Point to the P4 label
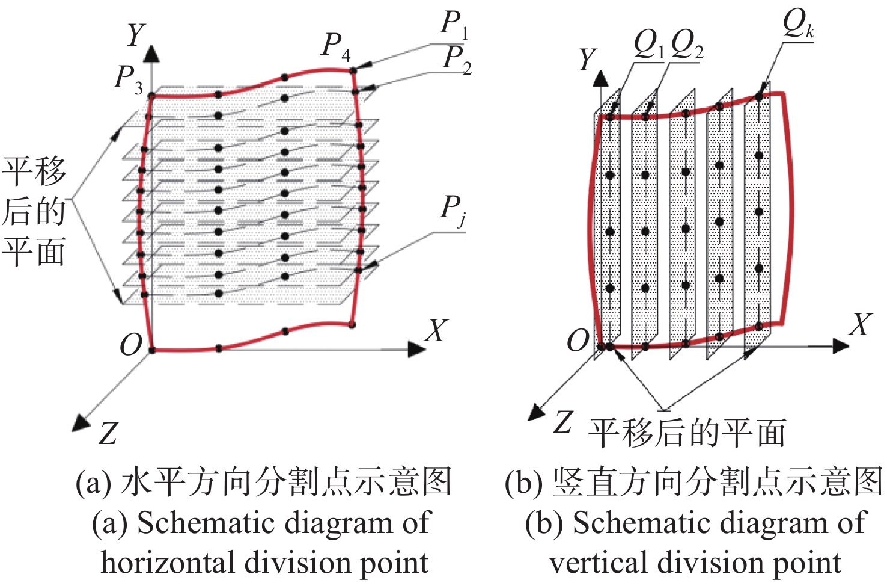coord(336,48)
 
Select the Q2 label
coord(687,46)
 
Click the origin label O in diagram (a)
coord(130,345)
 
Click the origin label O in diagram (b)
coord(578,341)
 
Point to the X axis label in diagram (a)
coord(436,330)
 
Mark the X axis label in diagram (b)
coord(860,325)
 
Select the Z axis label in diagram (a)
coord(108,433)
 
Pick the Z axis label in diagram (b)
coord(562,422)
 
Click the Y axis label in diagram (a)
coord(135,35)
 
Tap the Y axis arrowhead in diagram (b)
coord(601,78)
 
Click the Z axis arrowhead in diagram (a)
coord(81,423)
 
